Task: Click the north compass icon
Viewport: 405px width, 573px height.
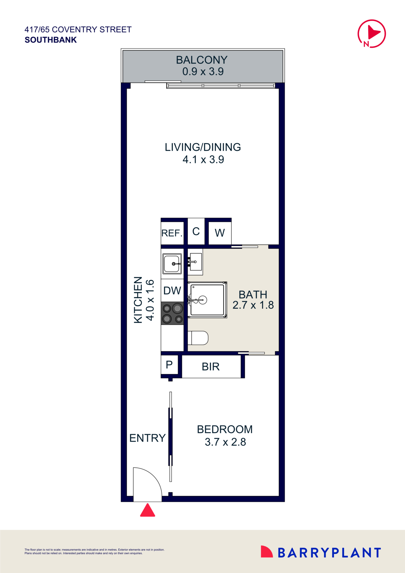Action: (372, 34)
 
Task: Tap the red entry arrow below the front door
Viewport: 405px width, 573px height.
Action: (148, 510)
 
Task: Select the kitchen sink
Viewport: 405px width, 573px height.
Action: (172, 264)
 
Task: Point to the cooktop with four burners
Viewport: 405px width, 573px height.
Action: (172, 313)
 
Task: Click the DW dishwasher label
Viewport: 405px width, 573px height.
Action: (172, 290)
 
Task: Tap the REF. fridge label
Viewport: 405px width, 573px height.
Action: (172, 233)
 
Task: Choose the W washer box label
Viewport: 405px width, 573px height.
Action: (219, 233)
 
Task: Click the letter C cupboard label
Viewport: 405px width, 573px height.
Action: (196, 232)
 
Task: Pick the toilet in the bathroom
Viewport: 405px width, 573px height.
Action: (199, 338)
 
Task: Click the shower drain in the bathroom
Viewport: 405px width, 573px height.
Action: (203, 300)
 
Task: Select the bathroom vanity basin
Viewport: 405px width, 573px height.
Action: (196, 262)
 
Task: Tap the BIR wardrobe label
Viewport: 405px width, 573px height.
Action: (211, 367)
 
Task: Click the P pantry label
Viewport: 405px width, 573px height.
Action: (169, 365)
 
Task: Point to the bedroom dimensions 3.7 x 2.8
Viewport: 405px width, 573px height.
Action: (225, 442)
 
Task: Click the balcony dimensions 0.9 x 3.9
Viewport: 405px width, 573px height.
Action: (203, 72)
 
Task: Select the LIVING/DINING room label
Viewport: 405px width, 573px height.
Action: (203, 147)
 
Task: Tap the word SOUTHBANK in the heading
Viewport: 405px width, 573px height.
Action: (51, 40)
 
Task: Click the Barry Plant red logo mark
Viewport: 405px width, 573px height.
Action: (266, 551)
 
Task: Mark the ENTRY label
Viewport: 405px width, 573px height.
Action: (147, 438)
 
